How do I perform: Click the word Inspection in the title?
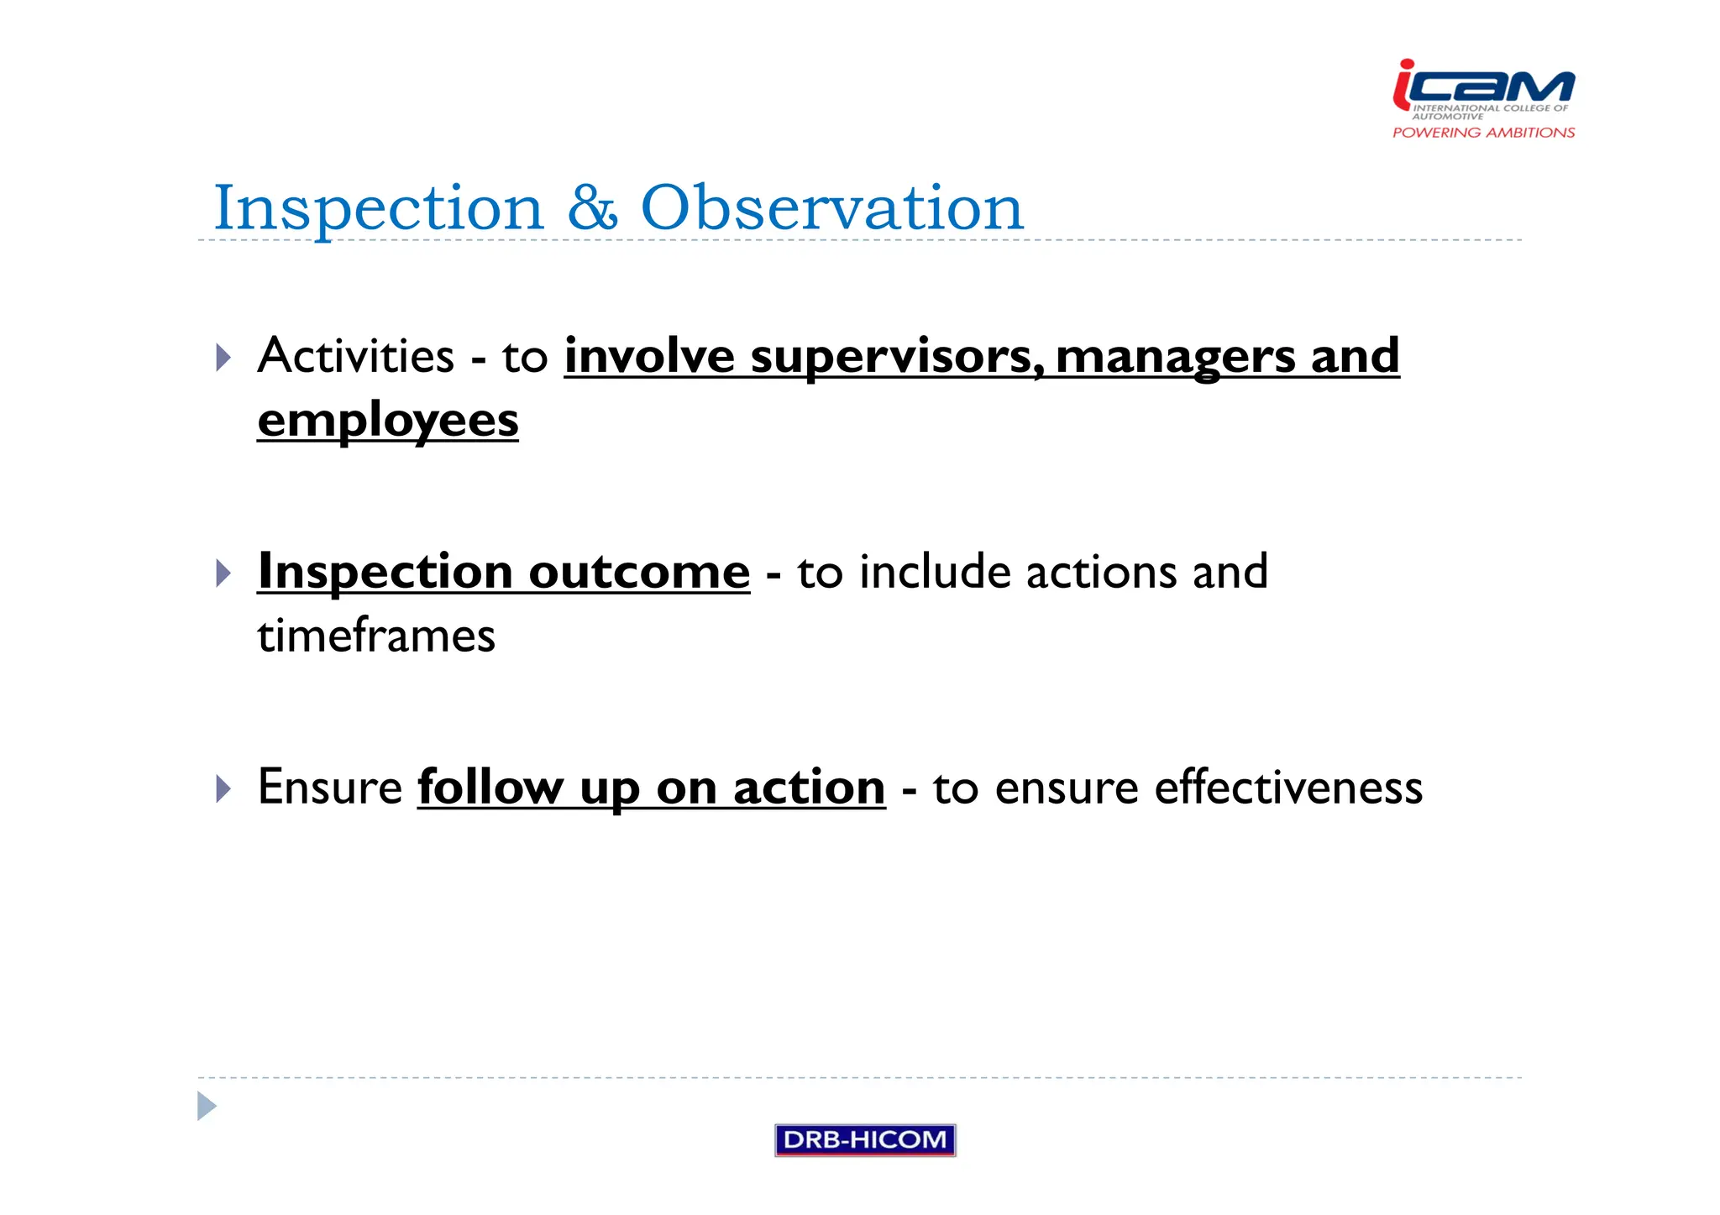pyautogui.click(x=378, y=207)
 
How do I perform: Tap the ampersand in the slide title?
pyautogui.click(x=592, y=207)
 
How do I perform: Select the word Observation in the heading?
pyautogui.click(x=831, y=207)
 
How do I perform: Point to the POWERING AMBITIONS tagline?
pyautogui.click(x=1483, y=133)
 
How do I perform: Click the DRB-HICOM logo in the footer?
pyautogui.click(x=865, y=1139)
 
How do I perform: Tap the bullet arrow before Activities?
pyautogui.click(x=223, y=358)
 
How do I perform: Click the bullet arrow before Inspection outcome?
pyautogui.click(x=223, y=573)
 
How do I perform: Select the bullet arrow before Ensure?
pyautogui.click(x=223, y=788)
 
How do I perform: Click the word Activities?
pyautogui.click(x=356, y=356)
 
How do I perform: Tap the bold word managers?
pyautogui.click(x=1175, y=356)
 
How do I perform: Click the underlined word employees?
pyautogui.click(x=387, y=420)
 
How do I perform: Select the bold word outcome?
pyautogui.click(x=639, y=572)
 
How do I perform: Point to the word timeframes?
pyautogui.click(x=376, y=636)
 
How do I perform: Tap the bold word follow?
pyautogui.click(x=490, y=788)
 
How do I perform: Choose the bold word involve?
pyautogui.click(x=649, y=356)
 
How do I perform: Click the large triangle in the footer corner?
pyautogui.click(x=206, y=1106)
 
